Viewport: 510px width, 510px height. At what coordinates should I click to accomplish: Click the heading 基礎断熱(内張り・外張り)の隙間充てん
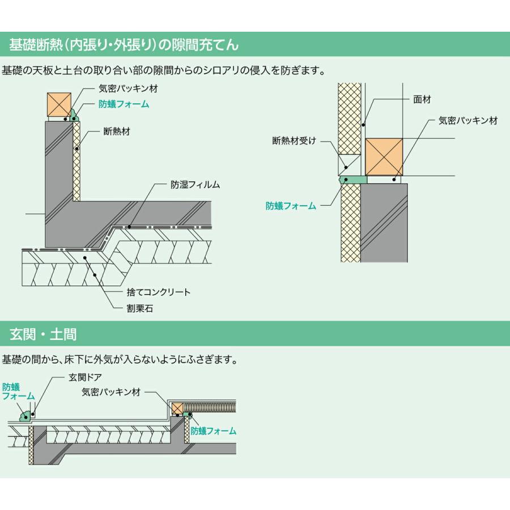tap(124, 44)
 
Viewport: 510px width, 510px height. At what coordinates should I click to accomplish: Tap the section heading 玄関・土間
tap(43, 334)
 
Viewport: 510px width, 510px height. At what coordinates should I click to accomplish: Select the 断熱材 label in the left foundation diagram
tap(117, 131)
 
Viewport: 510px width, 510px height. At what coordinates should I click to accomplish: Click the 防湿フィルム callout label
tap(195, 185)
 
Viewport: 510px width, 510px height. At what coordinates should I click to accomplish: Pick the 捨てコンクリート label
tap(159, 292)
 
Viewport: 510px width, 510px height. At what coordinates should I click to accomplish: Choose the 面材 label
tap(422, 99)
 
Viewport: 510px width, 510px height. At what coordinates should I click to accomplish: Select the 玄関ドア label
tap(85, 377)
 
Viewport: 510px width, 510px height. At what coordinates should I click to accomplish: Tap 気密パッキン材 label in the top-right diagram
tap(468, 121)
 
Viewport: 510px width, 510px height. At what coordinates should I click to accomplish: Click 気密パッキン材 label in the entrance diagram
tap(110, 392)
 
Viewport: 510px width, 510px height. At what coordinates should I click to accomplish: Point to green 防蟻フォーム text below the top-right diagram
tap(291, 206)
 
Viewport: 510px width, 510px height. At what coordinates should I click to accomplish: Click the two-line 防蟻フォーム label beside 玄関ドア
tap(18, 392)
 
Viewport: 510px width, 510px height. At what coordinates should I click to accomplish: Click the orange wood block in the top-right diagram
tap(384, 156)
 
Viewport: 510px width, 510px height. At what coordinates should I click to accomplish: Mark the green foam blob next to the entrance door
tap(25, 416)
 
